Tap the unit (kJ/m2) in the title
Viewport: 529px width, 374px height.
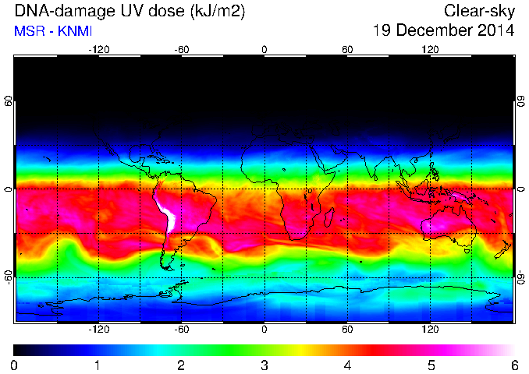click(218, 12)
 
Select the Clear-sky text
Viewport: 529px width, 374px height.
click(479, 12)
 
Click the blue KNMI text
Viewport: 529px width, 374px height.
click(75, 31)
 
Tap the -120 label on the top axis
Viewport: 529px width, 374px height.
click(99, 50)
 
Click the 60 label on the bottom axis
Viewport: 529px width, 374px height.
click(347, 329)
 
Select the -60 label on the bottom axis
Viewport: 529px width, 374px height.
click(182, 329)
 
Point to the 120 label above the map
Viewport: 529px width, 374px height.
click(430, 50)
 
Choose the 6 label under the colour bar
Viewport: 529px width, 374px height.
click(514, 365)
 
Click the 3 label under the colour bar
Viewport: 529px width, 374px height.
click(264, 365)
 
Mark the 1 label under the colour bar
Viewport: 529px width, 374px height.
click(98, 365)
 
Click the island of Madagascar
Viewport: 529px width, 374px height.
click(328, 217)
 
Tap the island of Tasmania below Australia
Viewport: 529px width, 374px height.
click(467, 251)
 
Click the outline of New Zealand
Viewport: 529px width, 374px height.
click(503, 249)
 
